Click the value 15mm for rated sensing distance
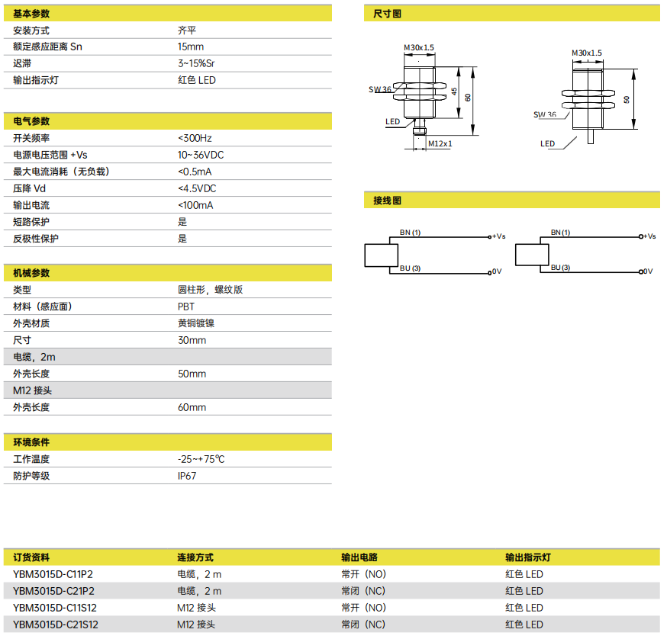click(x=191, y=47)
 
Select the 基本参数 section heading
click(x=31, y=14)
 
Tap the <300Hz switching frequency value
click(x=195, y=138)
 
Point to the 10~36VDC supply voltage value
click(x=201, y=155)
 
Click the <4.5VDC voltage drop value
click(x=197, y=188)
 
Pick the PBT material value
click(x=186, y=307)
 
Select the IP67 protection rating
click(x=187, y=476)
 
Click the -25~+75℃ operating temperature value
click(x=201, y=459)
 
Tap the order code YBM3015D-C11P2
click(x=53, y=574)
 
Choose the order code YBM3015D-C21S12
click(x=55, y=625)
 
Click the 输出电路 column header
click(x=359, y=557)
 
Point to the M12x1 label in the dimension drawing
click(x=440, y=143)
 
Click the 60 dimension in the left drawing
click(x=468, y=98)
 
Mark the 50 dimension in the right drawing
click(x=627, y=99)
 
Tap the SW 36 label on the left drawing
click(x=379, y=89)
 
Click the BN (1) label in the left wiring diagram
click(x=410, y=232)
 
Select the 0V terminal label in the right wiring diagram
click(x=648, y=271)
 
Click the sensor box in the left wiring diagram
click(x=381, y=255)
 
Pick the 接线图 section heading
click(x=387, y=201)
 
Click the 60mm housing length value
click(x=192, y=407)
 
